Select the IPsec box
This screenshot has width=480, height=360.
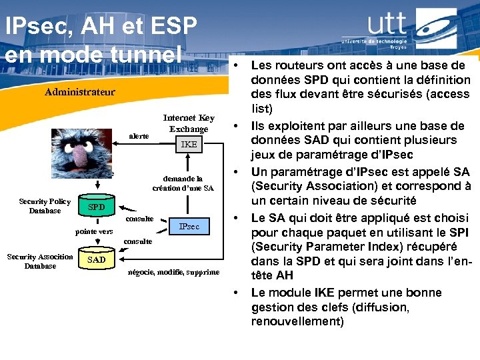pyautogui.click(x=189, y=227)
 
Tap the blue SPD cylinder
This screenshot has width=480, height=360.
pyautogui.click(x=96, y=207)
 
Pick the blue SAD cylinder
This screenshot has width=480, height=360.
pyautogui.click(x=96, y=259)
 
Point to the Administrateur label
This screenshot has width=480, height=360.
pyautogui.click(x=79, y=92)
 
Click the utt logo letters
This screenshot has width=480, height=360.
pyautogui.click(x=386, y=25)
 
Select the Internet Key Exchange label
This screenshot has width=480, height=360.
pyautogui.click(x=189, y=123)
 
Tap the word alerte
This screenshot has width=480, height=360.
pyautogui.click(x=139, y=135)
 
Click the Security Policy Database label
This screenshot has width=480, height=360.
pyautogui.click(x=45, y=206)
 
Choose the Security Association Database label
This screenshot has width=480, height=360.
pyautogui.click(x=40, y=261)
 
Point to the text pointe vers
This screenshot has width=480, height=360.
pyautogui.click(x=94, y=231)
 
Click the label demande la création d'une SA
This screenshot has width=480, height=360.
pyautogui.click(x=183, y=183)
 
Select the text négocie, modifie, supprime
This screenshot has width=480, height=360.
pyautogui.click(x=173, y=272)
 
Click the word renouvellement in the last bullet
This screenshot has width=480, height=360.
pyautogui.click(x=297, y=321)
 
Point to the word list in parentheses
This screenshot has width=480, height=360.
pyautogui.click(x=261, y=109)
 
